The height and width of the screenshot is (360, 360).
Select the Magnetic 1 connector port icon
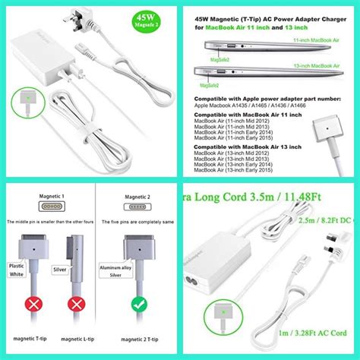click(49, 207)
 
